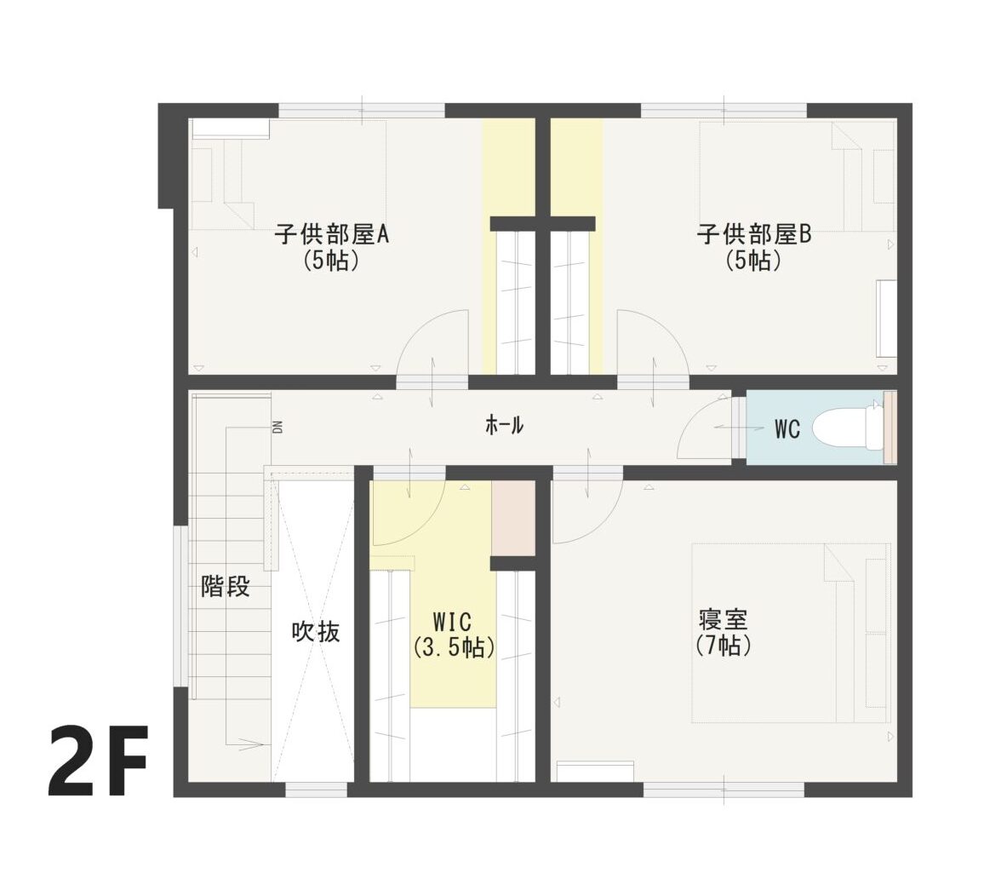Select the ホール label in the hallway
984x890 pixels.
pos(505,425)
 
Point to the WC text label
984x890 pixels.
pos(787,429)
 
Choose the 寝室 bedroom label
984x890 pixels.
pos(723,619)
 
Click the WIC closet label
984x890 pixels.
pos(453,622)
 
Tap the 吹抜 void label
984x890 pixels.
pos(317,632)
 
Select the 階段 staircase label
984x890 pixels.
pos(226,586)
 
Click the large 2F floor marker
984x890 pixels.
pos(98,761)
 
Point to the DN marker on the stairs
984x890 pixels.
pos(277,427)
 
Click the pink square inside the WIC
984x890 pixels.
pos(513,519)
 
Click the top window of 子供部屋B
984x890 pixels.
pos(724,112)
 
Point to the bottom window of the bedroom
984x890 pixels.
pos(724,790)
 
